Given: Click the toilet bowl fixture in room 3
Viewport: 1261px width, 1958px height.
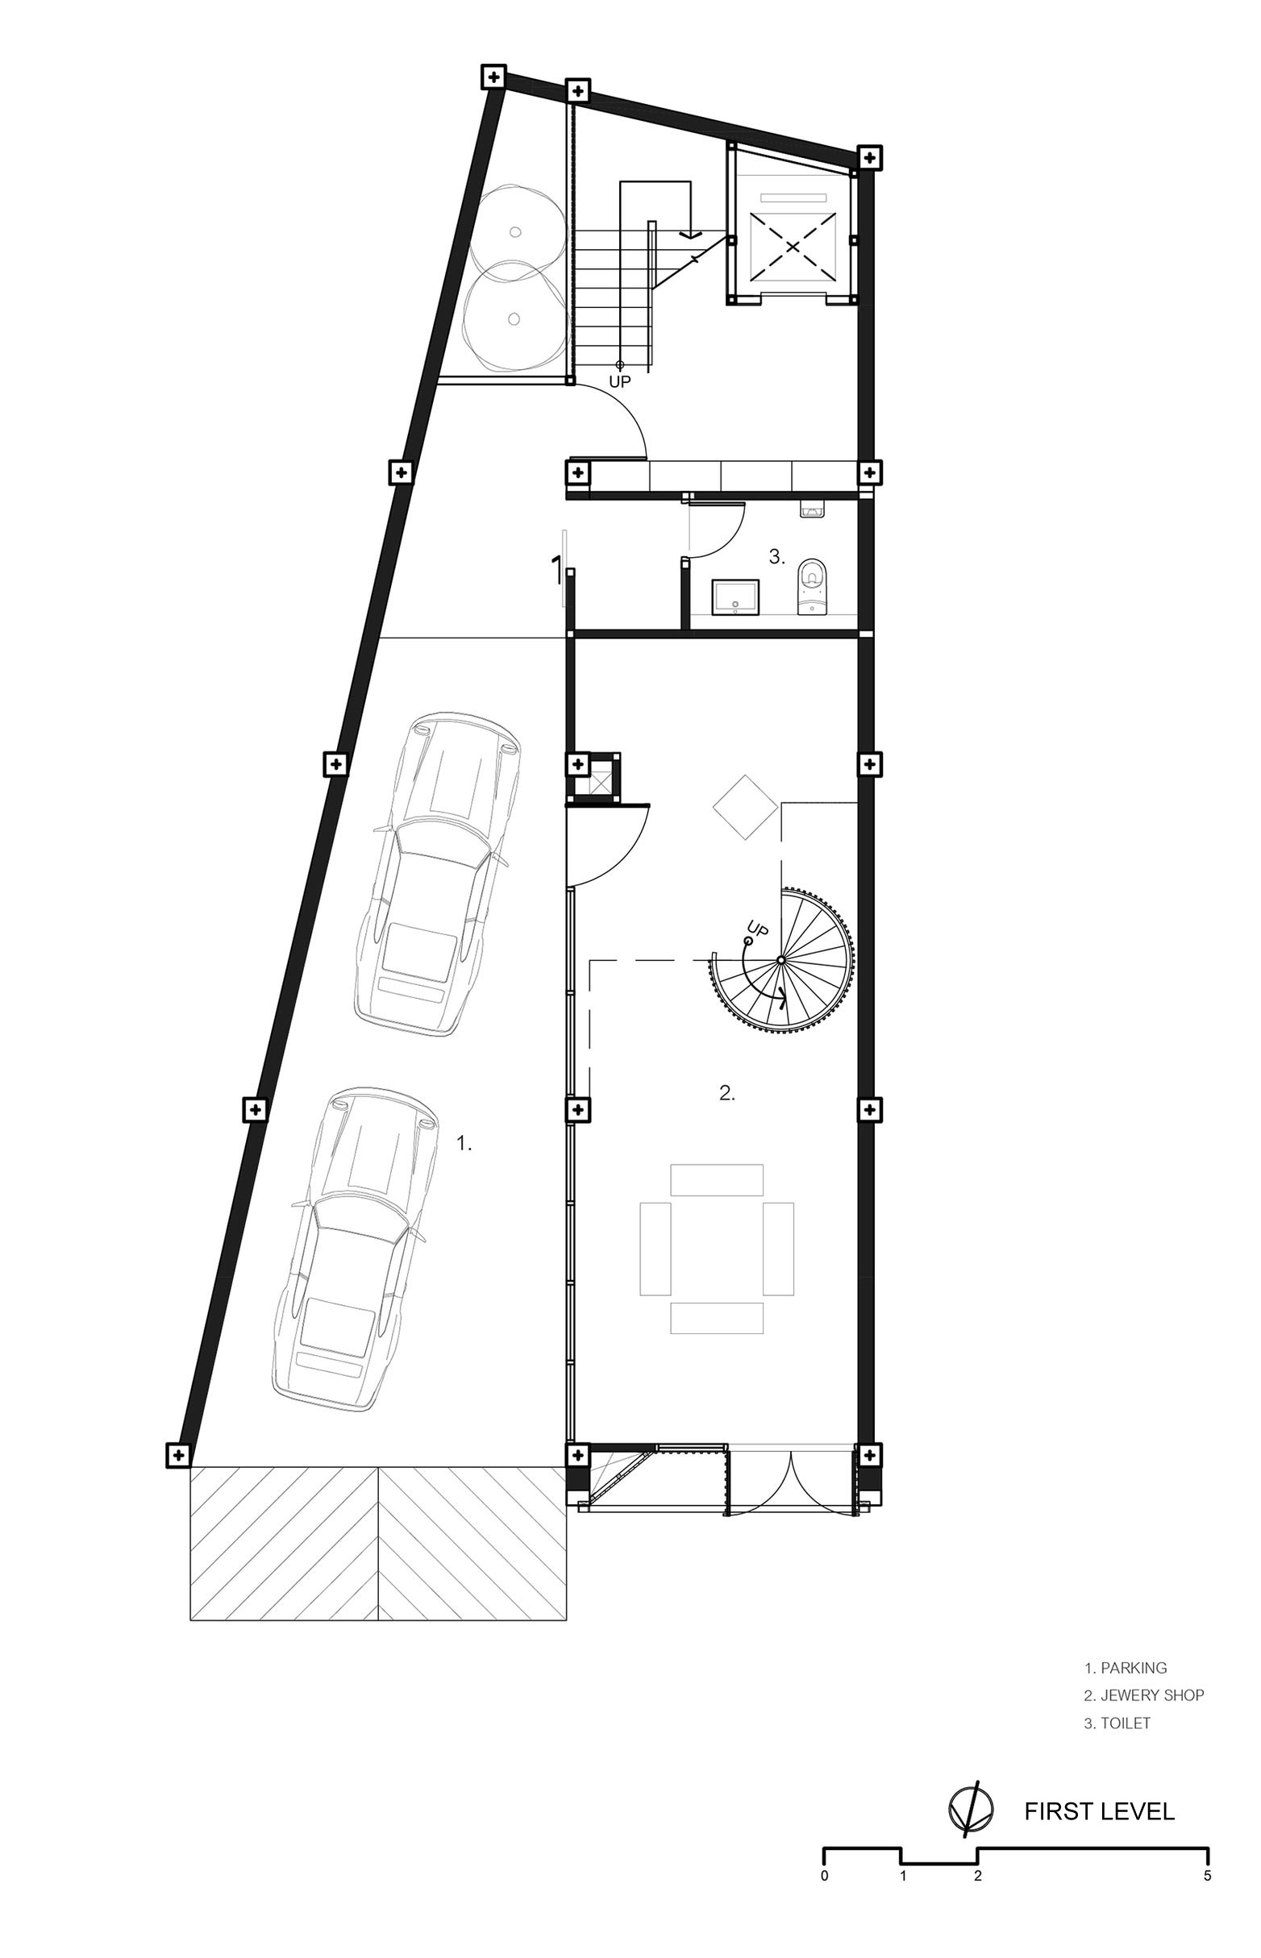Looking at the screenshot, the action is click(809, 585).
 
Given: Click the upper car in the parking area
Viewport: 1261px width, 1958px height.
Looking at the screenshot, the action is click(438, 875).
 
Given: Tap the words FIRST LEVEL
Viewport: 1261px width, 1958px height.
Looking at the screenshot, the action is click(1099, 1810).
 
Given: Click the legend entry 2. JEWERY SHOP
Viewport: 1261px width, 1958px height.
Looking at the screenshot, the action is click(1144, 1695).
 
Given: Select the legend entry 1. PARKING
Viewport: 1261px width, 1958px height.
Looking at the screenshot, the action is click(1125, 1668).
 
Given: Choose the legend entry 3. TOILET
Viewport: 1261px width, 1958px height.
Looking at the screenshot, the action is click(1117, 1723).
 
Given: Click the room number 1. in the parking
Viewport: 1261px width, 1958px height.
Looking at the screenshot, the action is click(464, 1145).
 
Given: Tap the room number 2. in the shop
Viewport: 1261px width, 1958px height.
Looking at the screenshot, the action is click(727, 1092).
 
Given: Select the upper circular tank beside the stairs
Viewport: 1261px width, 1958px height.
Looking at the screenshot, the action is click(515, 231).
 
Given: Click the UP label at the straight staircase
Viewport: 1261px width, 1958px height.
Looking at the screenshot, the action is click(620, 381).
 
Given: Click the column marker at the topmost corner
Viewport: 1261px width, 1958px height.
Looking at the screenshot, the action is click(493, 77).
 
